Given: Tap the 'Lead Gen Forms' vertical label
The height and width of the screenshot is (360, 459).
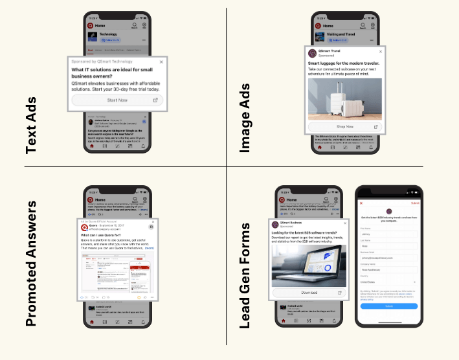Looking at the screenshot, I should coord(246,275).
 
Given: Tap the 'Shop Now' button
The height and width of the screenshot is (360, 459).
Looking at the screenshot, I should coord(345,127).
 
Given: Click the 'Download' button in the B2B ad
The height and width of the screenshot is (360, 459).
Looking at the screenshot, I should coord(309,293).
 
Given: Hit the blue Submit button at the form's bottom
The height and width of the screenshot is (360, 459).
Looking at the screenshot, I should coord(389,306).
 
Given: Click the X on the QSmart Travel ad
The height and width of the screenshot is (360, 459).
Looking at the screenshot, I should coord(380,52).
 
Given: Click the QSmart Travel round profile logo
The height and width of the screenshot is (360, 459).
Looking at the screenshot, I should coord(312,53).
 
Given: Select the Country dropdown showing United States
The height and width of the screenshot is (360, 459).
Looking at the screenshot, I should coord(388,282).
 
